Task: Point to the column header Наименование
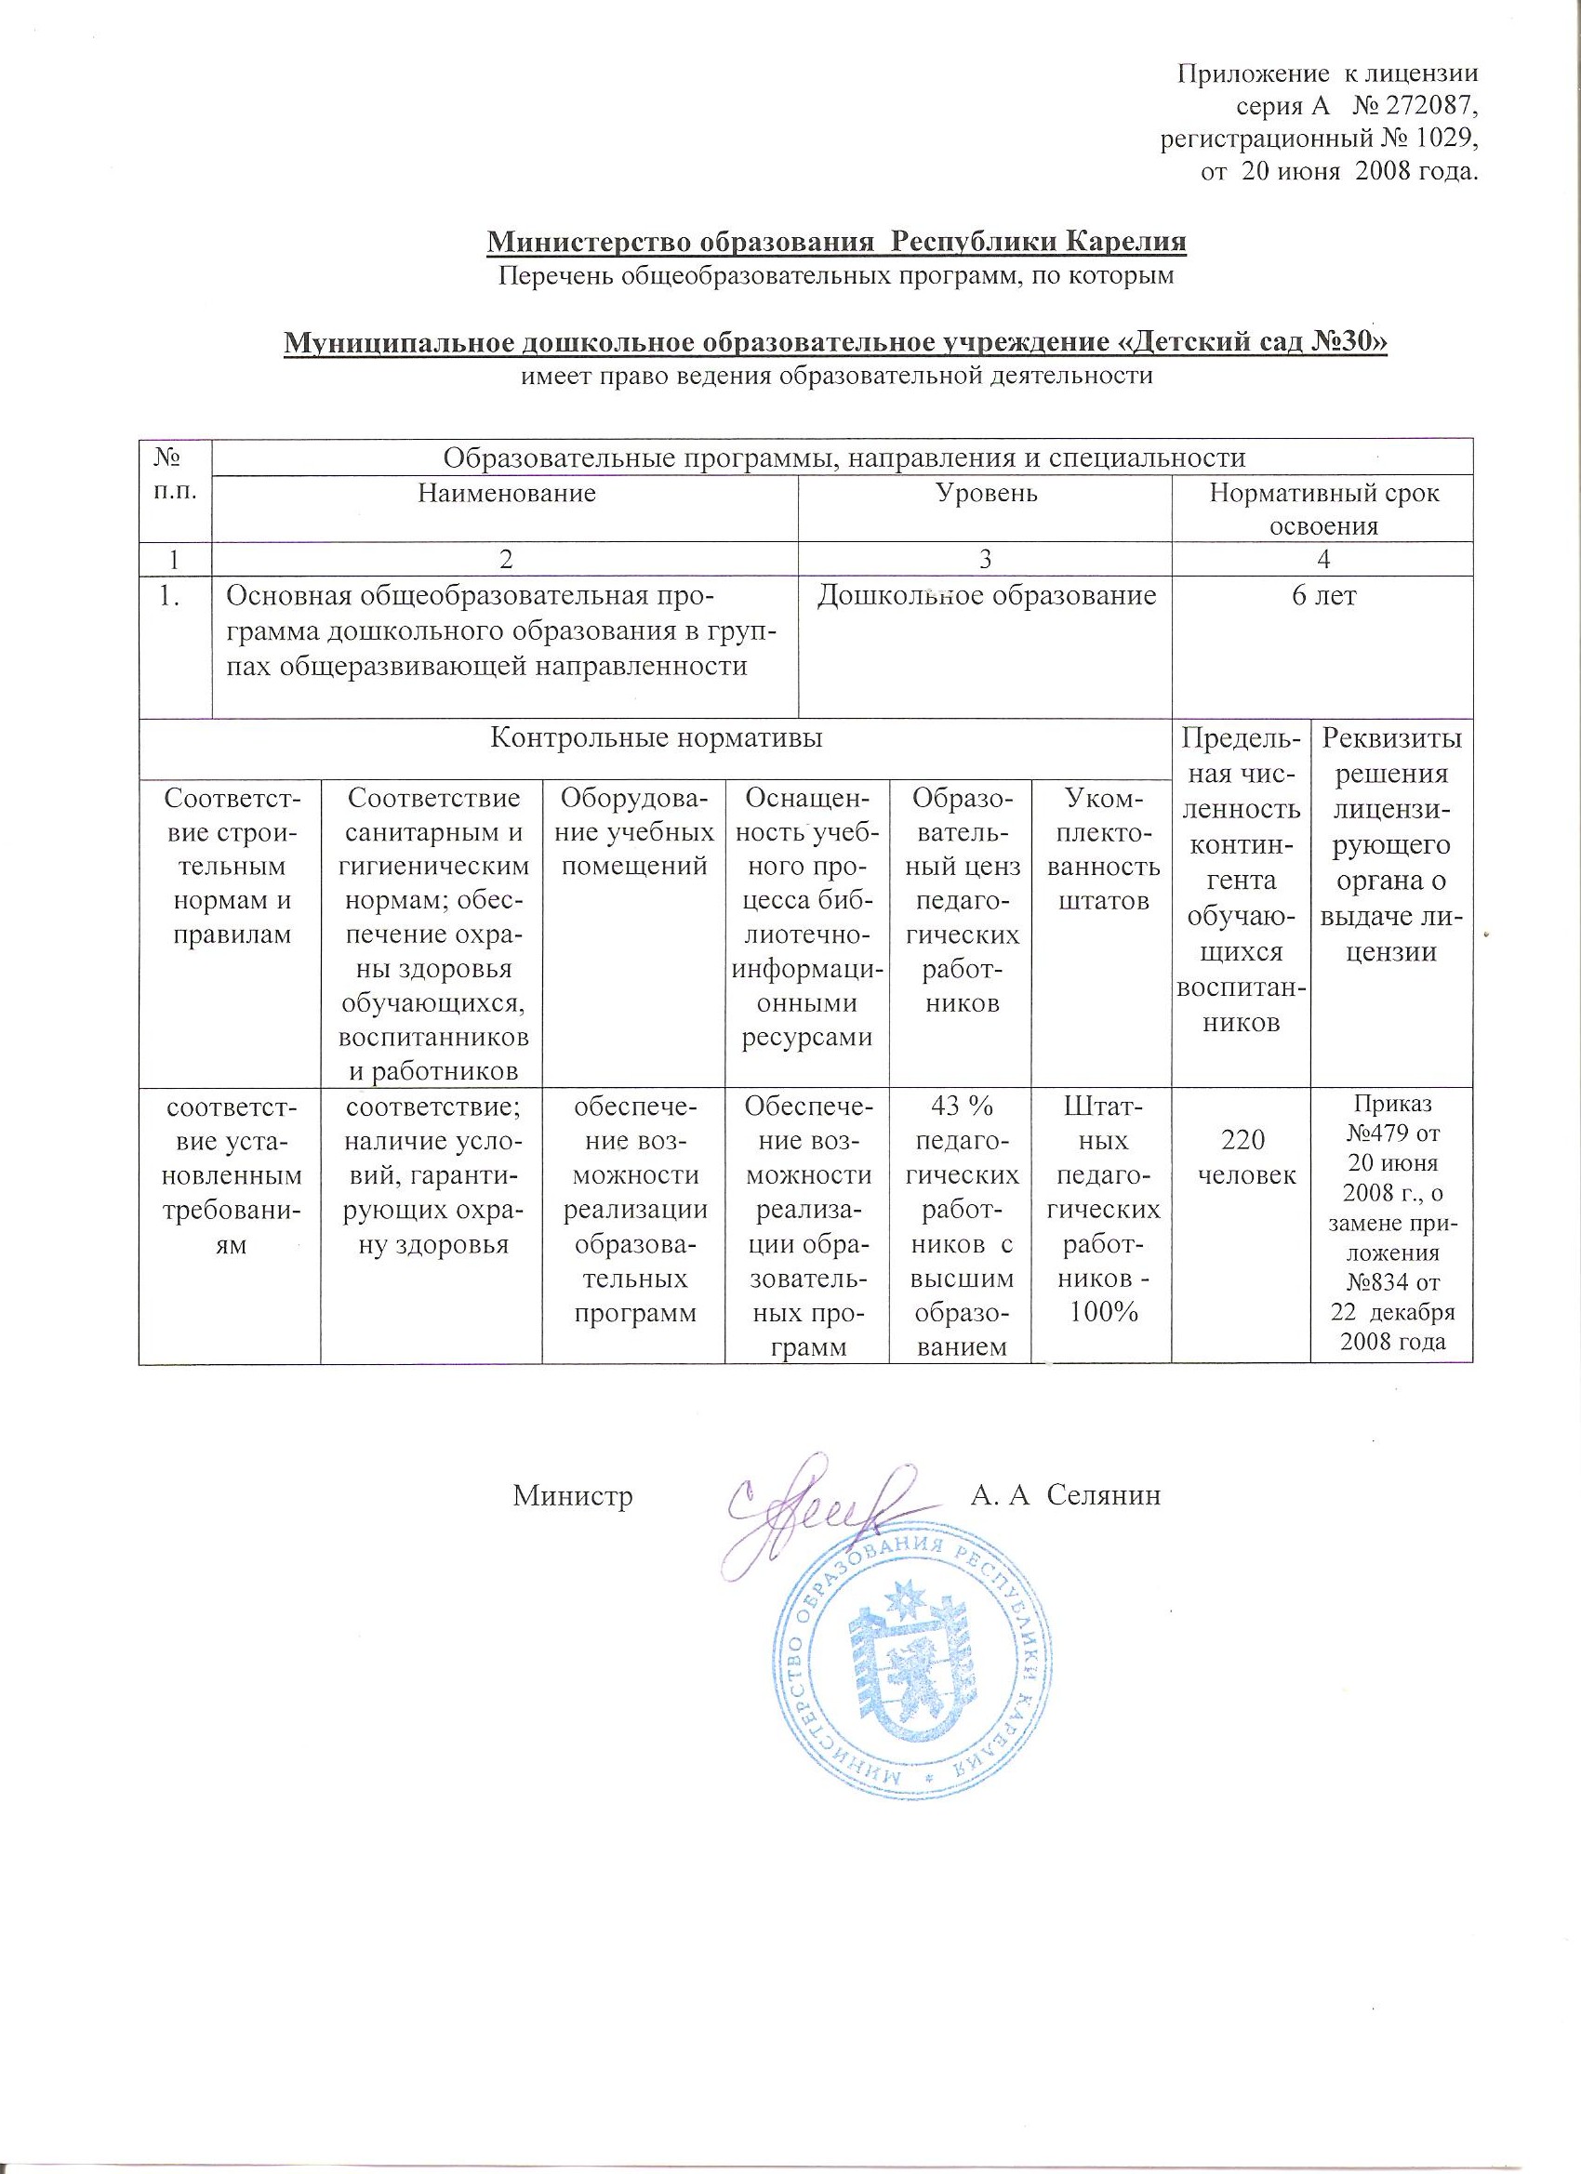[506, 494]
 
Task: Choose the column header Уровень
[985, 494]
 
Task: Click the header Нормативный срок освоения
[1324, 509]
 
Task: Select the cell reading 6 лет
[1324, 596]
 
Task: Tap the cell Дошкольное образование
[986, 596]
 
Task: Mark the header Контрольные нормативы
[656, 738]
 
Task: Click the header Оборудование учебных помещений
[633, 831]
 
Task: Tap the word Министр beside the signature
[572, 1496]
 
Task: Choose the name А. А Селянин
[1065, 1496]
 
